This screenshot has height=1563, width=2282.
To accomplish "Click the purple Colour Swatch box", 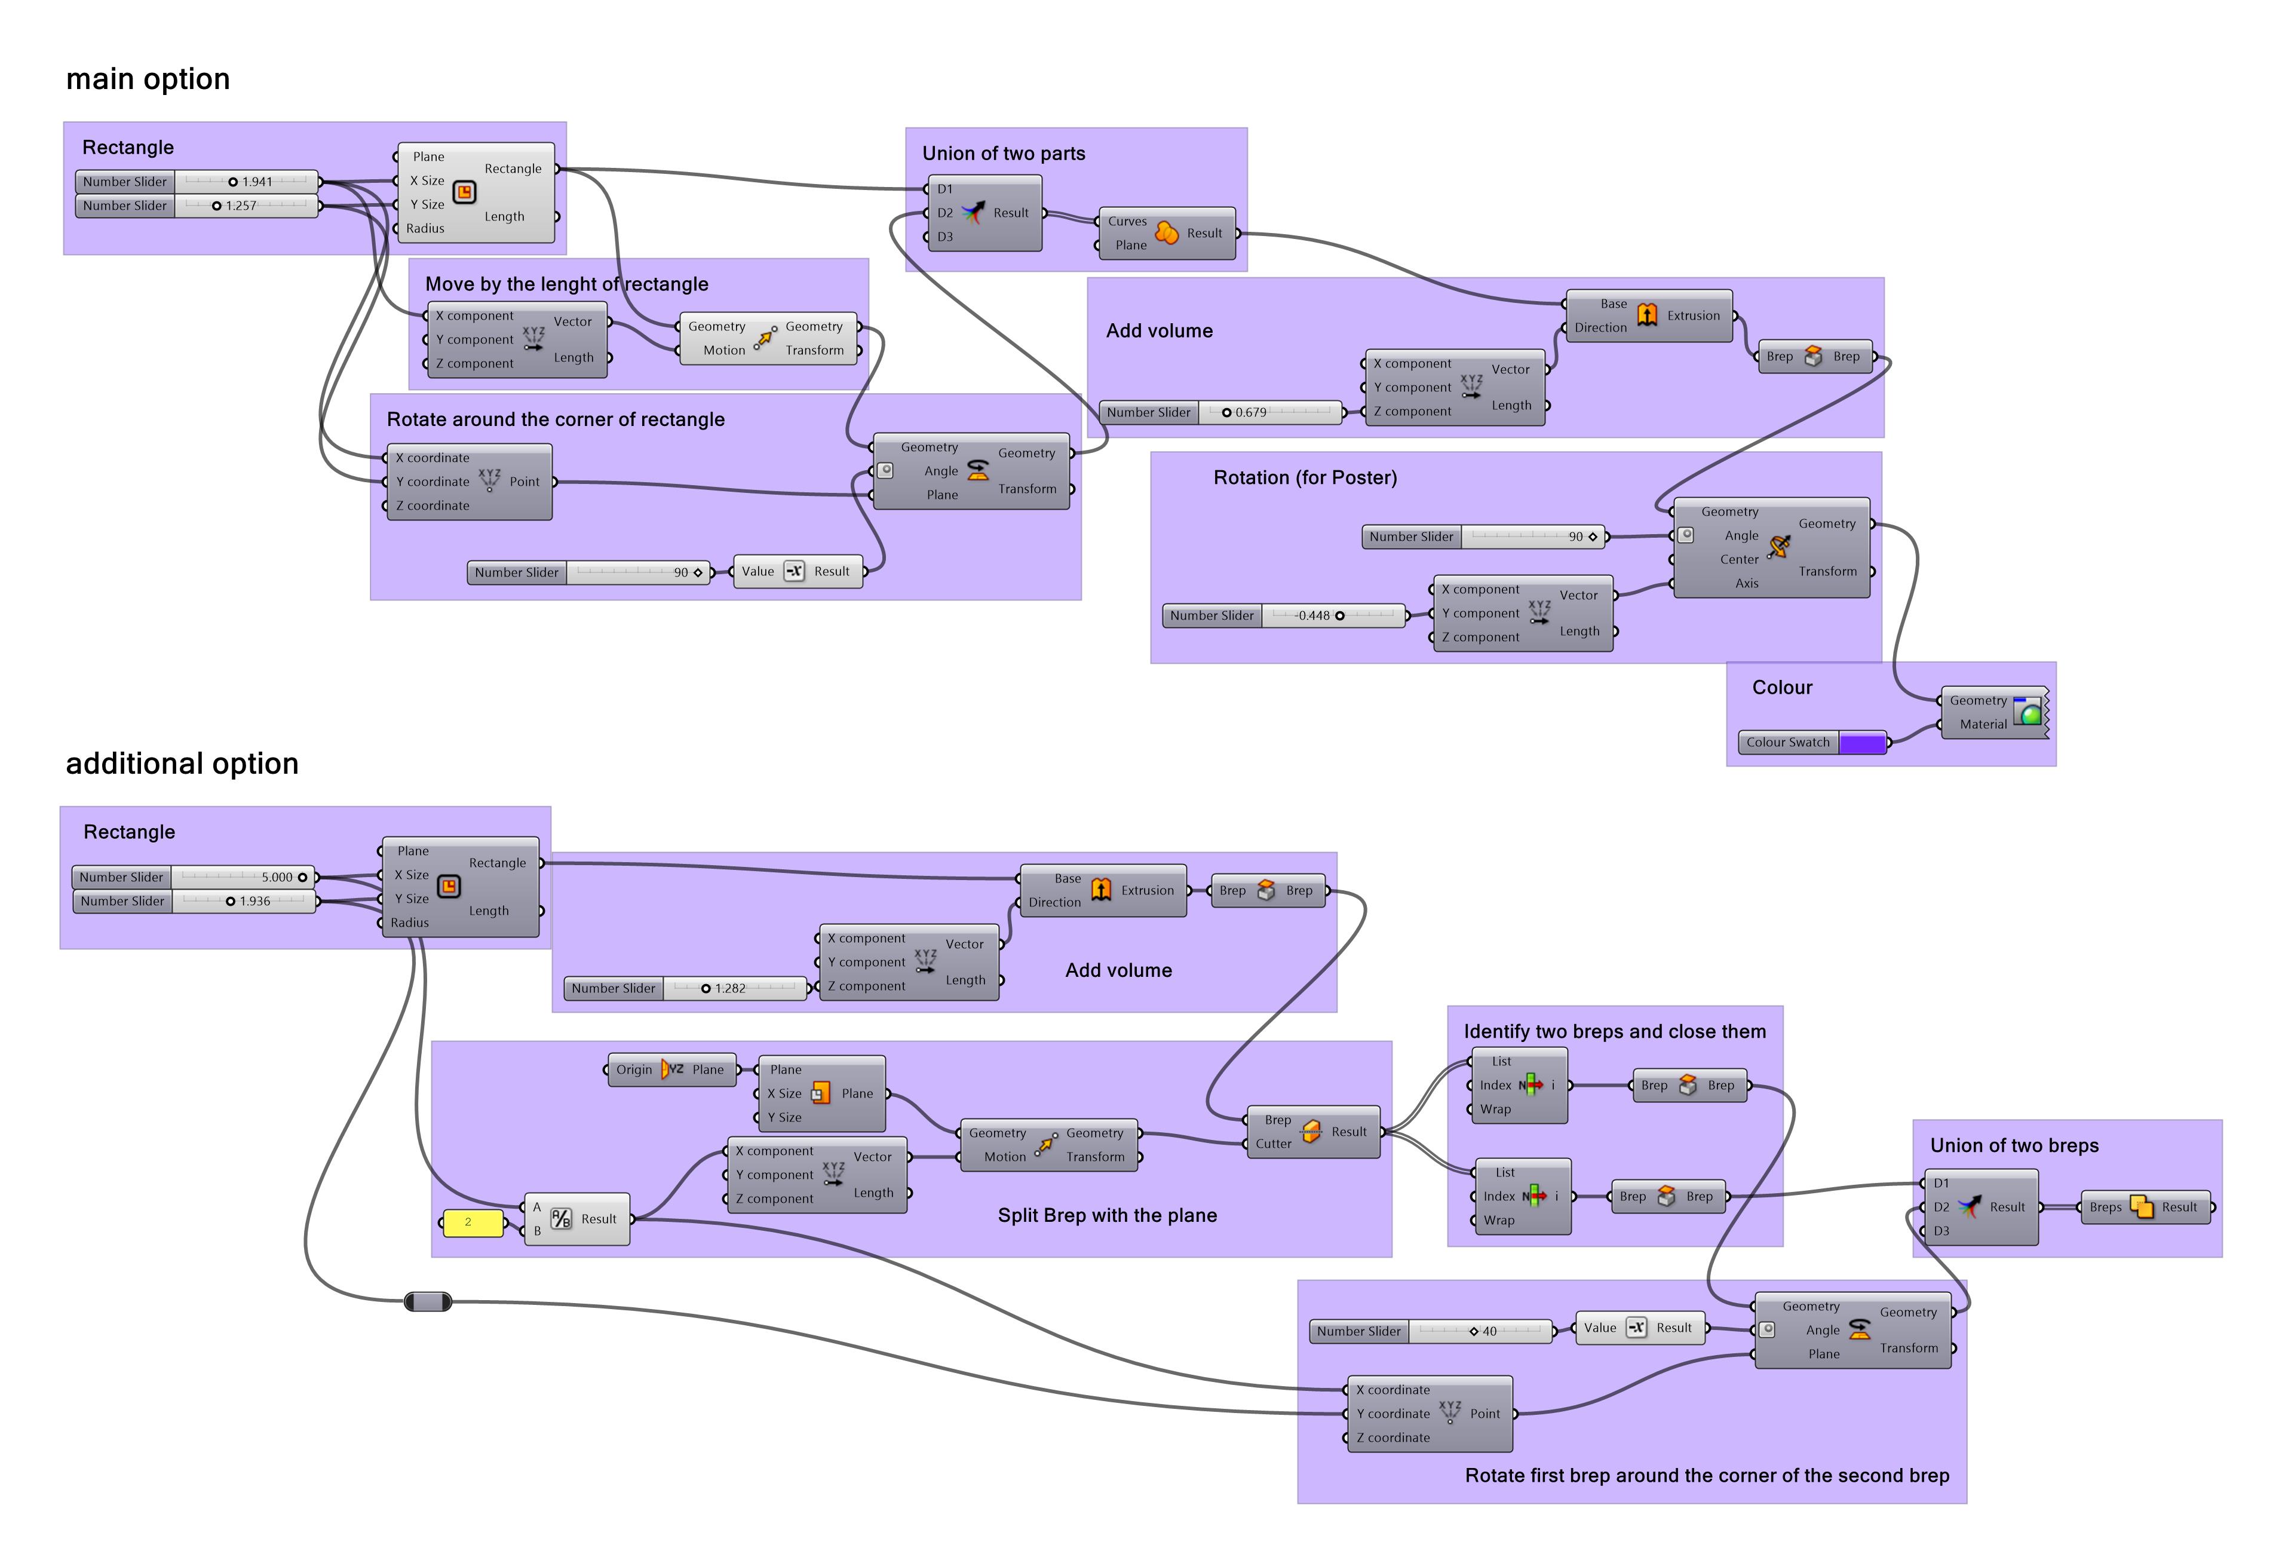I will pos(1861,743).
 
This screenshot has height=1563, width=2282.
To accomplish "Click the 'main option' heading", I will pos(148,78).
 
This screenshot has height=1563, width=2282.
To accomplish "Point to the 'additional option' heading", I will pos(182,764).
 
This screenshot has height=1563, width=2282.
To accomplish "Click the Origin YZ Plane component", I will pos(671,1070).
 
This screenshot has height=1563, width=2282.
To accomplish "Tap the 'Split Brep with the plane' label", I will pos(1106,1215).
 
